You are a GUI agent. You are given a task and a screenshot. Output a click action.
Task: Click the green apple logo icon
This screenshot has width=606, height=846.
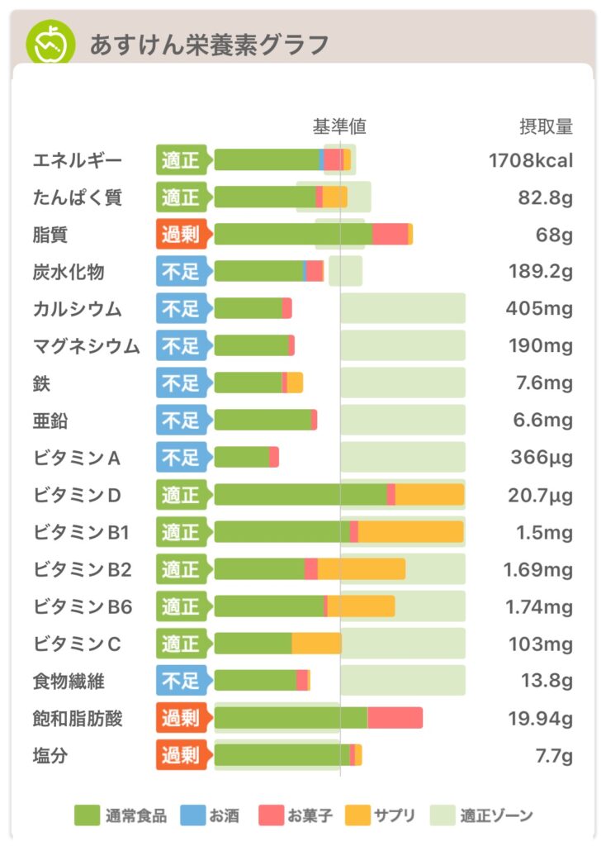pos(49,43)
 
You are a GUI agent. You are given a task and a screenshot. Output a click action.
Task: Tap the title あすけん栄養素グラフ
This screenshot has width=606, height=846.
pos(209,44)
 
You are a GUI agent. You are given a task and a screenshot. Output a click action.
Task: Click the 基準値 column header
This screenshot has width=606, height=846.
pos(339,126)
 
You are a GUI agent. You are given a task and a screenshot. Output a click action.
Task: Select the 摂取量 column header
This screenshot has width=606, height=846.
pos(545,126)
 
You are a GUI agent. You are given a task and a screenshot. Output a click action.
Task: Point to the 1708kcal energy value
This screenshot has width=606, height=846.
pos(530,160)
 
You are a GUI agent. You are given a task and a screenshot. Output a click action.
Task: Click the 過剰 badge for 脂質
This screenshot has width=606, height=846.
pos(181,235)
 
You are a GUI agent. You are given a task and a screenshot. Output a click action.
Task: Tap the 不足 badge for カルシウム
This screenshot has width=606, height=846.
pos(181,309)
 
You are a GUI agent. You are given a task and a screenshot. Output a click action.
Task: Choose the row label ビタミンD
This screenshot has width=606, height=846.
pos(78,495)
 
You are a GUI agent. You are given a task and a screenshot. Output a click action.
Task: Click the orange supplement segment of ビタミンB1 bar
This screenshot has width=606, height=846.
pos(410,532)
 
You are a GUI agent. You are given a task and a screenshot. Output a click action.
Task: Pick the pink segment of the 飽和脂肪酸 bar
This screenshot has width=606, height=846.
pos(395,718)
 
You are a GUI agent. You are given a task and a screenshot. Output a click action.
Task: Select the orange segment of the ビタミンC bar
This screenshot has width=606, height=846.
pos(316,644)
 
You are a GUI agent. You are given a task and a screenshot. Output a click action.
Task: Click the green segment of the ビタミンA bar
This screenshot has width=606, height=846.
pos(242,458)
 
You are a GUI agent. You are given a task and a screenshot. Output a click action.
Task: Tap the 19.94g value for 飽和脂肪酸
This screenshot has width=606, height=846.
pos(540,719)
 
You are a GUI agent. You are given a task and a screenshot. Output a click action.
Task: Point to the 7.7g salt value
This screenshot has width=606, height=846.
pos(554,756)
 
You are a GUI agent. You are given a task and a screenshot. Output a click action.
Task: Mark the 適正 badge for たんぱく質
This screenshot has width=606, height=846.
pos(181,197)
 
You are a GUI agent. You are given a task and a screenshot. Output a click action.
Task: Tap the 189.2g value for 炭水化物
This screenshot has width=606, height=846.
pos(540,272)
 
